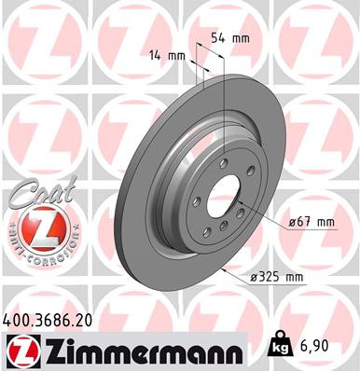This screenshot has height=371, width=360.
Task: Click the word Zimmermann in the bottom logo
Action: pyautogui.click(x=140, y=350)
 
